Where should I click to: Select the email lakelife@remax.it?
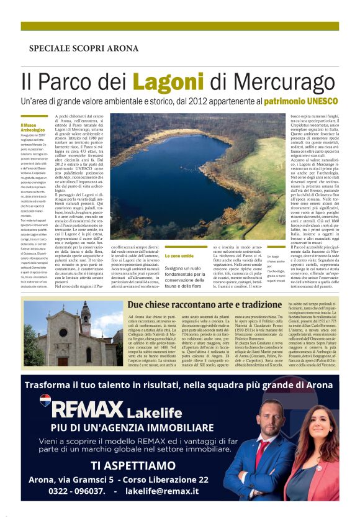[162, 491]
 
